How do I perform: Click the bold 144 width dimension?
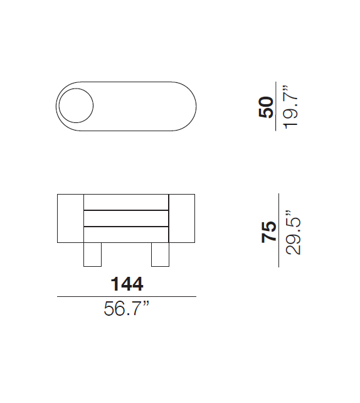[127, 284]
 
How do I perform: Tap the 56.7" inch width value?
[126, 308]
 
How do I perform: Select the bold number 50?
[266, 107]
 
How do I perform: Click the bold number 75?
[268, 232]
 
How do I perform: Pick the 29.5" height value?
[293, 233]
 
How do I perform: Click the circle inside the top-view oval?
[76, 89]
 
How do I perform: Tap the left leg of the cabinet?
[92, 254]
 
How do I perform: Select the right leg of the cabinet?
[160, 254]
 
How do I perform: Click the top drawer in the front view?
[126, 202]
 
